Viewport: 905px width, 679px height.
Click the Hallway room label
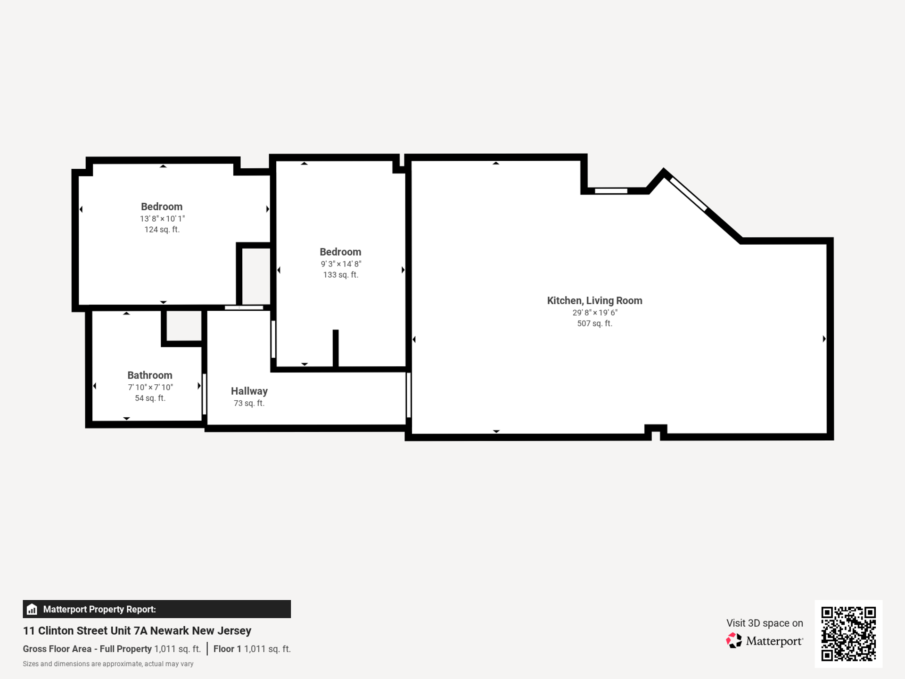(x=249, y=391)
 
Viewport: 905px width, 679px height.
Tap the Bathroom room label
(x=150, y=375)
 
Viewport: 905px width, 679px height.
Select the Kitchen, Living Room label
(x=594, y=300)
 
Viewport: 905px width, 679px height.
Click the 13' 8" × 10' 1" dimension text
(x=162, y=219)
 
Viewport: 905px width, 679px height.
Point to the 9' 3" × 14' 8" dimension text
(x=341, y=264)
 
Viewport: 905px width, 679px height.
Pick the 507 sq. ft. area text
(x=594, y=323)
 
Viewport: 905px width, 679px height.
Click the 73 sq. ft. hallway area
(x=249, y=403)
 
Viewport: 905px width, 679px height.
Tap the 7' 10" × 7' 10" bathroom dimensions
(x=150, y=387)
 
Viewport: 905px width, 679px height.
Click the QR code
(x=848, y=634)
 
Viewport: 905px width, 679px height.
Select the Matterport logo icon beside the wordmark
(x=733, y=641)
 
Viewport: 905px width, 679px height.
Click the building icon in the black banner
(x=32, y=609)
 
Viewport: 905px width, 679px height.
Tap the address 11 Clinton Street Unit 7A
(x=137, y=630)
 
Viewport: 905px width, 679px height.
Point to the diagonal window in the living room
(x=688, y=194)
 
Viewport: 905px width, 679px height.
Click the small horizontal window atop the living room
(x=611, y=191)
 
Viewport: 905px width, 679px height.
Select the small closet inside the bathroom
(x=184, y=325)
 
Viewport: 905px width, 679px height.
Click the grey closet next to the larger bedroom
(x=256, y=276)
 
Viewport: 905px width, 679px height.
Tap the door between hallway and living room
(x=409, y=395)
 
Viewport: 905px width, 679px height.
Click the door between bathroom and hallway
(x=204, y=394)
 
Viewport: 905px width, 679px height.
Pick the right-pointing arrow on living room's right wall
(x=824, y=339)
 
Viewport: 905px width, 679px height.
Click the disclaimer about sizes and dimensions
(x=108, y=664)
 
